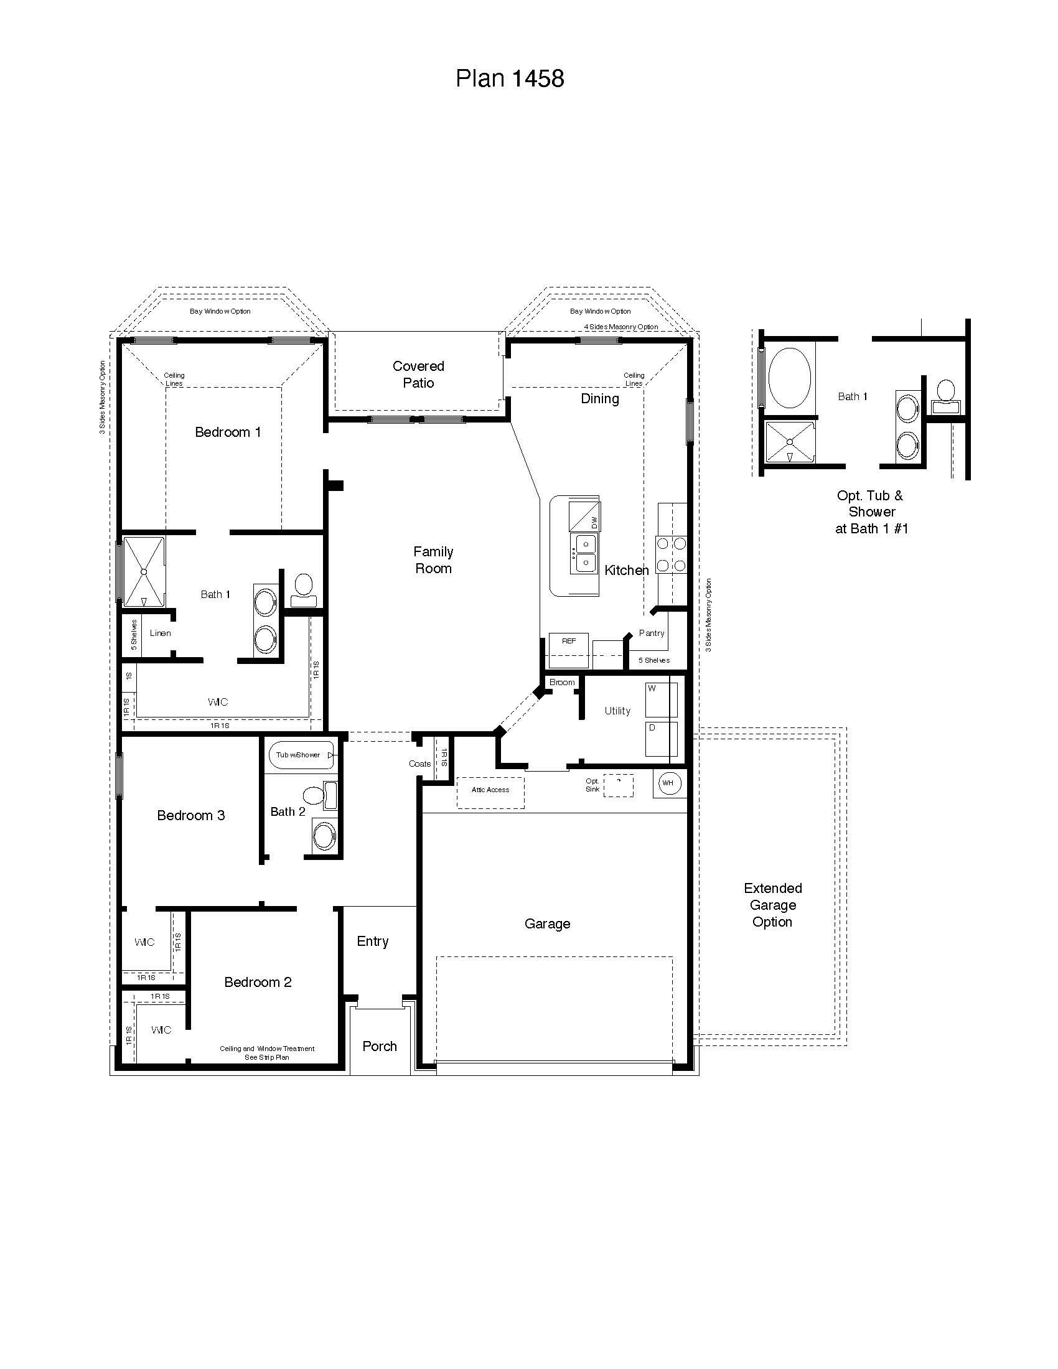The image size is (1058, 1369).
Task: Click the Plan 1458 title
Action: [x=510, y=78]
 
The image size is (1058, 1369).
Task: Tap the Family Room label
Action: [x=433, y=560]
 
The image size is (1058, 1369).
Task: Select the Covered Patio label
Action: [x=418, y=374]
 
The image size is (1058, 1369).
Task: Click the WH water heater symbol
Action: [x=669, y=783]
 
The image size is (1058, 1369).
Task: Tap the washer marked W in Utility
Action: [x=660, y=699]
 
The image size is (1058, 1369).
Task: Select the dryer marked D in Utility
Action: [x=660, y=739]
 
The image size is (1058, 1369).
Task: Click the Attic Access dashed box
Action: [x=490, y=792]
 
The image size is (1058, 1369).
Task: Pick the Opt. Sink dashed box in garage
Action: [x=618, y=785]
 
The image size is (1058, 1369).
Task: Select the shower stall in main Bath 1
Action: [x=144, y=571]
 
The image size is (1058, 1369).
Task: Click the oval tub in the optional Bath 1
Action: [x=790, y=378]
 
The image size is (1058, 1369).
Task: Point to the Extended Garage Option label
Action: [x=772, y=905]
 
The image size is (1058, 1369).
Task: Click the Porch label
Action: [x=380, y=1046]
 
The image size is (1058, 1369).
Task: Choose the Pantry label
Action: [x=651, y=633]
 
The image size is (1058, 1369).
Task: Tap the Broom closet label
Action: [x=561, y=682]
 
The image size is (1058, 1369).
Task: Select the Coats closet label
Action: [x=419, y=764]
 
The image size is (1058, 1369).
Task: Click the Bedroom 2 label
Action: [x=258, y=982]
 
